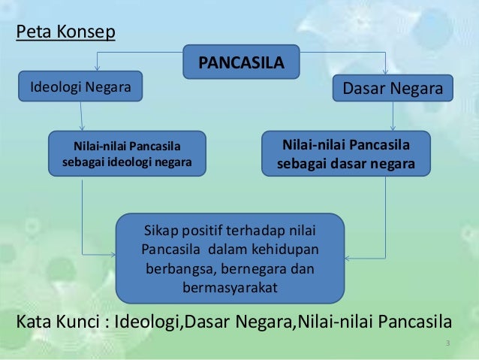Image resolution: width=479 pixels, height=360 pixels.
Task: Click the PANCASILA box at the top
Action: pyautogui.click(x=241, y=62)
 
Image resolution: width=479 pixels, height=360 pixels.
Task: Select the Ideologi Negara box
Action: pyautogui.click(x=80, y=87)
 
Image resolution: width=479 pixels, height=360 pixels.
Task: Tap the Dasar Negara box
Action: pyautogui.click(x=392, y=88)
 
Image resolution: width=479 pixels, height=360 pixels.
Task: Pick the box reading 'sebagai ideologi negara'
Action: pyautogui.click(x=127, y=153)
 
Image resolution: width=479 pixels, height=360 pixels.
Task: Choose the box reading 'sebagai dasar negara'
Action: pyautogui.click(x=345, y=153)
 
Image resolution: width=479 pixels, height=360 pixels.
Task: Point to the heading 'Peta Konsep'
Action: pyautogui.click(x=65, y=35)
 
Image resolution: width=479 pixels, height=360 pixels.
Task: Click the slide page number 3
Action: pyautogui.click(x=447, y=344)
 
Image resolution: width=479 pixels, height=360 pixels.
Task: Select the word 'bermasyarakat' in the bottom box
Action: pyautogui.click(x=230, y=287)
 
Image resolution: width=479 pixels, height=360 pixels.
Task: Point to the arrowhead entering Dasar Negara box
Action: pyautogui.click(x=385, y=71)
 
